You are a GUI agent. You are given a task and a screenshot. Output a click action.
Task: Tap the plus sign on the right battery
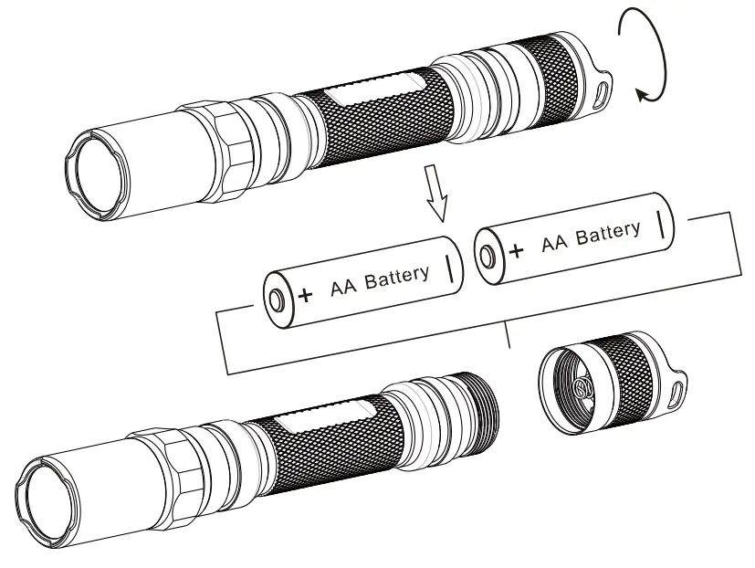pos(517,251)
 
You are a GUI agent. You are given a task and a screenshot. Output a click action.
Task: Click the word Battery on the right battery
pos(608,234)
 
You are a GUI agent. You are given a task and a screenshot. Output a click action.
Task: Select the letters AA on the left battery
pos(339,288)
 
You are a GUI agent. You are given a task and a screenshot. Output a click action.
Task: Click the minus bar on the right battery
pos(660,223)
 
